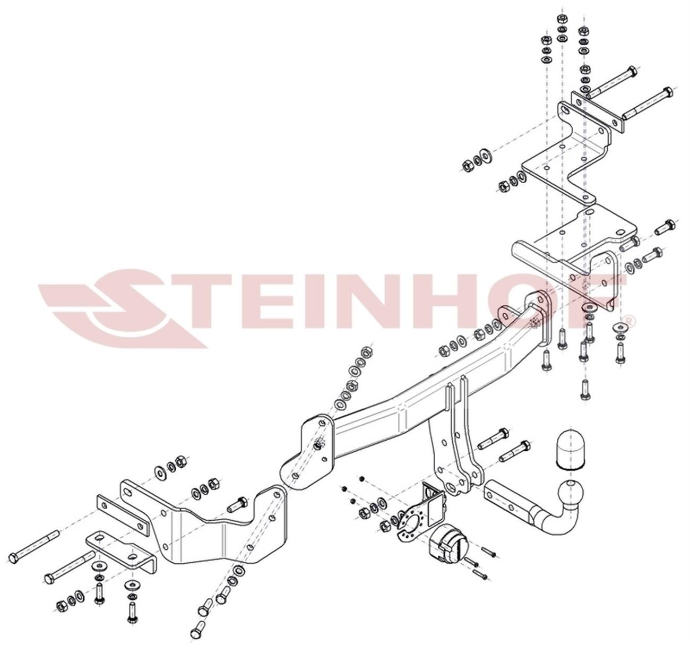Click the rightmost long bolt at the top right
(646, 104)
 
